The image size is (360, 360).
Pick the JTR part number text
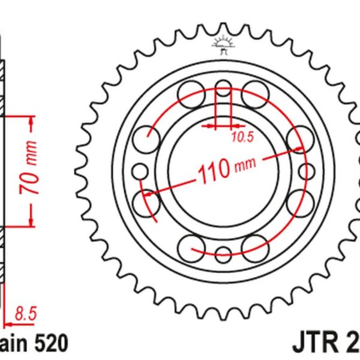point(327,344)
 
